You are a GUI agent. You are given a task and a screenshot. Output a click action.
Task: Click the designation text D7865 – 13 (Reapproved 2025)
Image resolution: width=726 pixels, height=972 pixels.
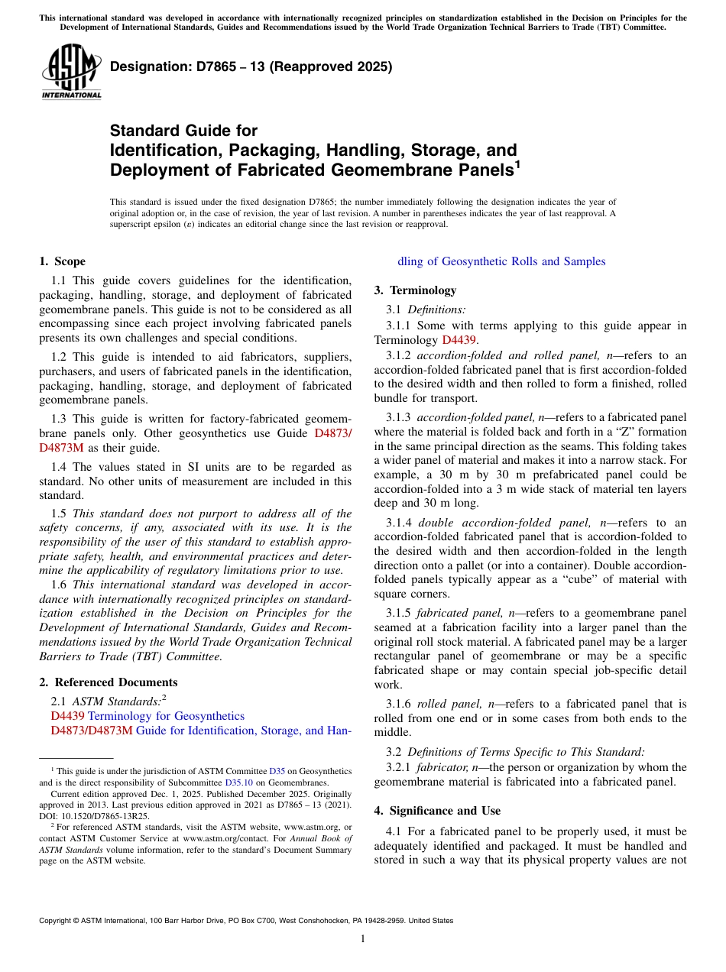251,66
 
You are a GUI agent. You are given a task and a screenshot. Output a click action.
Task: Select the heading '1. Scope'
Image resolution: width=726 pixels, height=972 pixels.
63,261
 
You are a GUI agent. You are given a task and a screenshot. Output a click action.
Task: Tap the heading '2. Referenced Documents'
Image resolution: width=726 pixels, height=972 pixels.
109,682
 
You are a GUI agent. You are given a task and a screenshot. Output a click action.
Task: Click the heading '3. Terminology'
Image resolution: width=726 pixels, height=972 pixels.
415,290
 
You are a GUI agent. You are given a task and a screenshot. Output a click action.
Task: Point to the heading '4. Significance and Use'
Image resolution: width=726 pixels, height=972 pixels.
437,810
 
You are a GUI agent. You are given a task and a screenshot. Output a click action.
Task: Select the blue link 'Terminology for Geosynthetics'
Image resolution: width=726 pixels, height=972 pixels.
166,716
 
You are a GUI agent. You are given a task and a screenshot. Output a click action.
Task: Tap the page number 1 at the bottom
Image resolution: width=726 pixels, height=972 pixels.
363,938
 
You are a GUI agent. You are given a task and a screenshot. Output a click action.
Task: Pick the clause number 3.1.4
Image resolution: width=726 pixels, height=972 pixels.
398,523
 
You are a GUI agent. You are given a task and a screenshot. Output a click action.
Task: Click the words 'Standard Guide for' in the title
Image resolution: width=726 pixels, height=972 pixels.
183,131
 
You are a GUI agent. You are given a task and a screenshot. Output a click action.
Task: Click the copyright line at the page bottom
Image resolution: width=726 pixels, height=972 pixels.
246,921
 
